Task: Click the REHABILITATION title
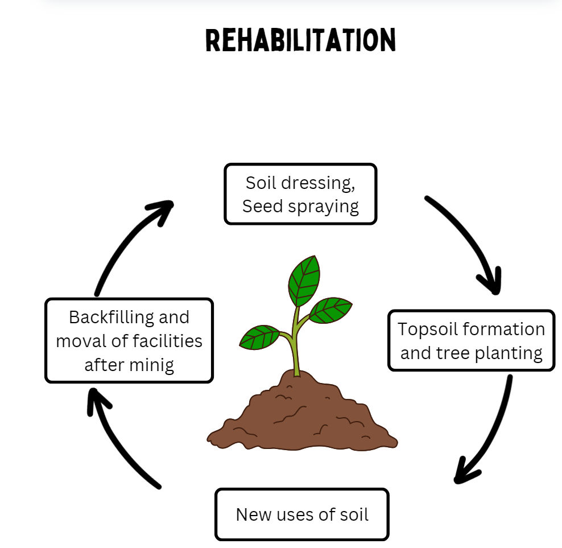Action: click(x=300, y=41)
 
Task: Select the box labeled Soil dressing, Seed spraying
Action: click(x=300, y=194)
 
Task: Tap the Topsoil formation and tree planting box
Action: click(x=471, y=341)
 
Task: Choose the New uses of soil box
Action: click(x=301, y=514)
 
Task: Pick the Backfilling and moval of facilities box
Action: click(x=129, y=340)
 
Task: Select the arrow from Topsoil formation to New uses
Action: click(x=489, y=432)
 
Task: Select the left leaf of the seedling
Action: click(x=259, y=337)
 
